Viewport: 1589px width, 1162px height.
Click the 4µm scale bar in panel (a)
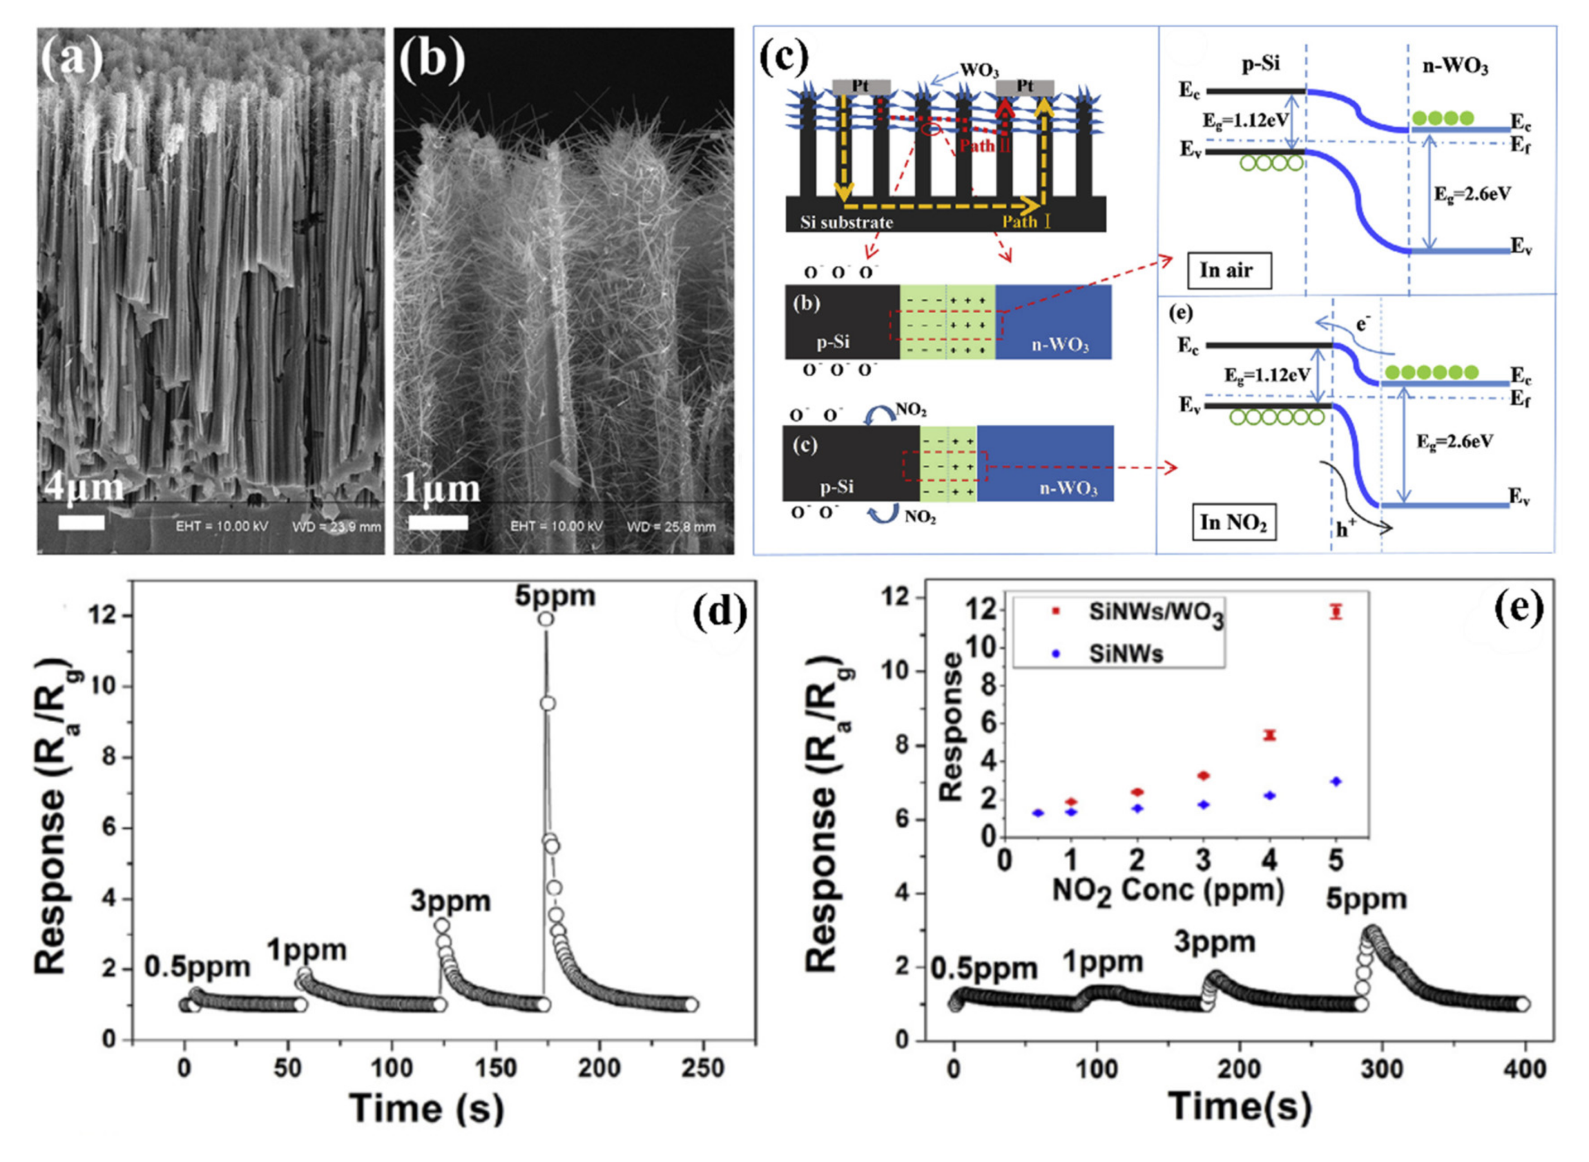81,522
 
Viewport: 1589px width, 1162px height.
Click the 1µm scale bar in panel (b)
438,522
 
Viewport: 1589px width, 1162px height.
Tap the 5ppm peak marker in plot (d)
545,618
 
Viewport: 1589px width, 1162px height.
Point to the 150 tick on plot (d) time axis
495,1068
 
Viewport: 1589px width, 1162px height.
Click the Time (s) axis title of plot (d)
426,1108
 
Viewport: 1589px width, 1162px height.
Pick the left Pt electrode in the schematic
860,87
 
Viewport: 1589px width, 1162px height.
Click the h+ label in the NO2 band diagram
1346,529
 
